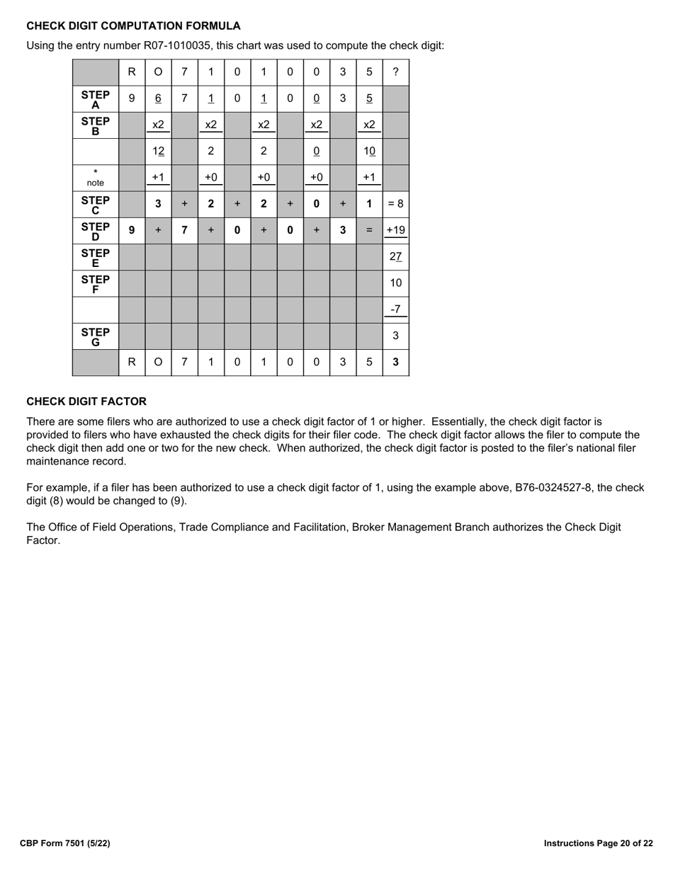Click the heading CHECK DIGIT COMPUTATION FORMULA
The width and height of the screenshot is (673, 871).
point(133,26)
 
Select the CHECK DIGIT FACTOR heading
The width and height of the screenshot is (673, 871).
point(86,402)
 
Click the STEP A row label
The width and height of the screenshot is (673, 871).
point(96,99)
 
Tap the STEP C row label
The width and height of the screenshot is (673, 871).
point(96,204)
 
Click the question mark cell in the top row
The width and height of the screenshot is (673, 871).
point(395,72)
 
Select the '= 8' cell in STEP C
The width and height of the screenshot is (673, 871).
point(395,204)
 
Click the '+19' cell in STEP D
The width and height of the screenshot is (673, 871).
point(395,230)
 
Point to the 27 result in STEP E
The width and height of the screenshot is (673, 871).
point(395,256)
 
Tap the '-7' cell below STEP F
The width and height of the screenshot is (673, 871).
point(395,309)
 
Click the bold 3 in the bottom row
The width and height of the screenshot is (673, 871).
point(395,362)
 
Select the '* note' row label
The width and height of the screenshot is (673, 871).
point(96,178)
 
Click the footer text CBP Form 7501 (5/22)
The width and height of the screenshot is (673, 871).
point(65,843)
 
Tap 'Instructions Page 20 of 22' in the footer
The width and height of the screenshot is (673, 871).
point(598,843)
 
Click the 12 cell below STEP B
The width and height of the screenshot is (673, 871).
point(158,152)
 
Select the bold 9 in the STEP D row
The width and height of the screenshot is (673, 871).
point(132,230)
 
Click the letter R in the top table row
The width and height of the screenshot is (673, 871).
point(132,72)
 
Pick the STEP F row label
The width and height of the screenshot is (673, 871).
point(96,283)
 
